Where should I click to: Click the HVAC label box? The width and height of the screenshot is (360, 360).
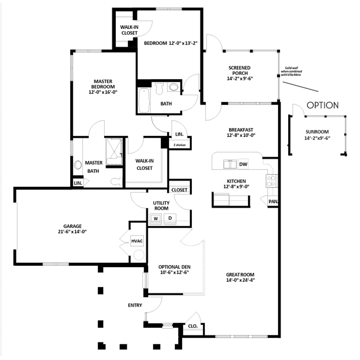pos(137,241)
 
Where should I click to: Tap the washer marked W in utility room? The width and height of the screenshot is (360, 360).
pos(156,218)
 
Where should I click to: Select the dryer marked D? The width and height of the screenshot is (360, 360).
pos(170,218)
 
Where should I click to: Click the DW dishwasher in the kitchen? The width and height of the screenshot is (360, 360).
pos(243,164)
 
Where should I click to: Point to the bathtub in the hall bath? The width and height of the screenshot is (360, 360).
pos(144,100)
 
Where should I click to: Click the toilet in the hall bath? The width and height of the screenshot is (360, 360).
pos(159,88)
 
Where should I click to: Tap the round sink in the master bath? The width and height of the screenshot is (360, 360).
pos(78,165)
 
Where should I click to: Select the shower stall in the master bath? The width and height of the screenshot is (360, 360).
pos(114,151)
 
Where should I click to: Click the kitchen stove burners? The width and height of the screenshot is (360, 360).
pos(271,181)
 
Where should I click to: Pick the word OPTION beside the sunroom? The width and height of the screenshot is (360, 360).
pos(323,105)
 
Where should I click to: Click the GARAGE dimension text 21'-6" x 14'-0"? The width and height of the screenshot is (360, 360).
pos(72,232)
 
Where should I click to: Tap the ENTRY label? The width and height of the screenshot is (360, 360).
pos(135,305)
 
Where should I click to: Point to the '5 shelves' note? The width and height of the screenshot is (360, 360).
pos(180,145)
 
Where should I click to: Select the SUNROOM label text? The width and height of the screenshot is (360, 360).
pos(317,132)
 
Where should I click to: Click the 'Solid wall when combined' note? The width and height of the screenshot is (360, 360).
pos(291,71)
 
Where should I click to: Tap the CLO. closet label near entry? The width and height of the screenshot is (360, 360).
pos(193,326)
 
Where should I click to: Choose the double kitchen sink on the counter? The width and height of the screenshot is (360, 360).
pos(230,164)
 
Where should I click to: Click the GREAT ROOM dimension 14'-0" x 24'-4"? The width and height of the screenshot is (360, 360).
pos(240,280)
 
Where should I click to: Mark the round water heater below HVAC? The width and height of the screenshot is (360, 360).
pos(139,255)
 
